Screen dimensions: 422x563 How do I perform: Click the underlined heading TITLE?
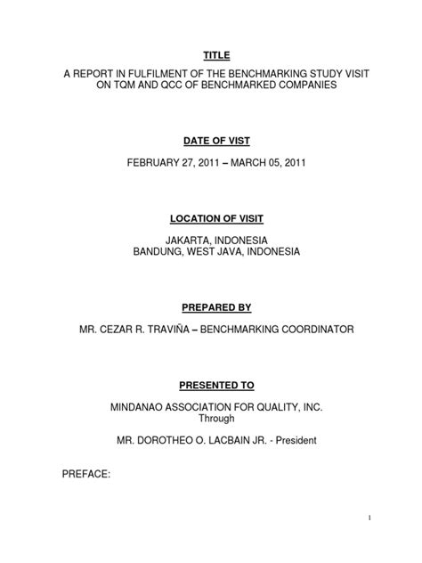(x=210, y=54)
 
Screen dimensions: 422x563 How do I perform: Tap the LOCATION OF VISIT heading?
(x=210, y=218)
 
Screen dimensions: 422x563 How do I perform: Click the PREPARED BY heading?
(x=210, y=307)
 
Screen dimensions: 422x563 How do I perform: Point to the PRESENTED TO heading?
(x=210, y=385)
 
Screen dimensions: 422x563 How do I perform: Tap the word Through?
(x=210, y=420)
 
